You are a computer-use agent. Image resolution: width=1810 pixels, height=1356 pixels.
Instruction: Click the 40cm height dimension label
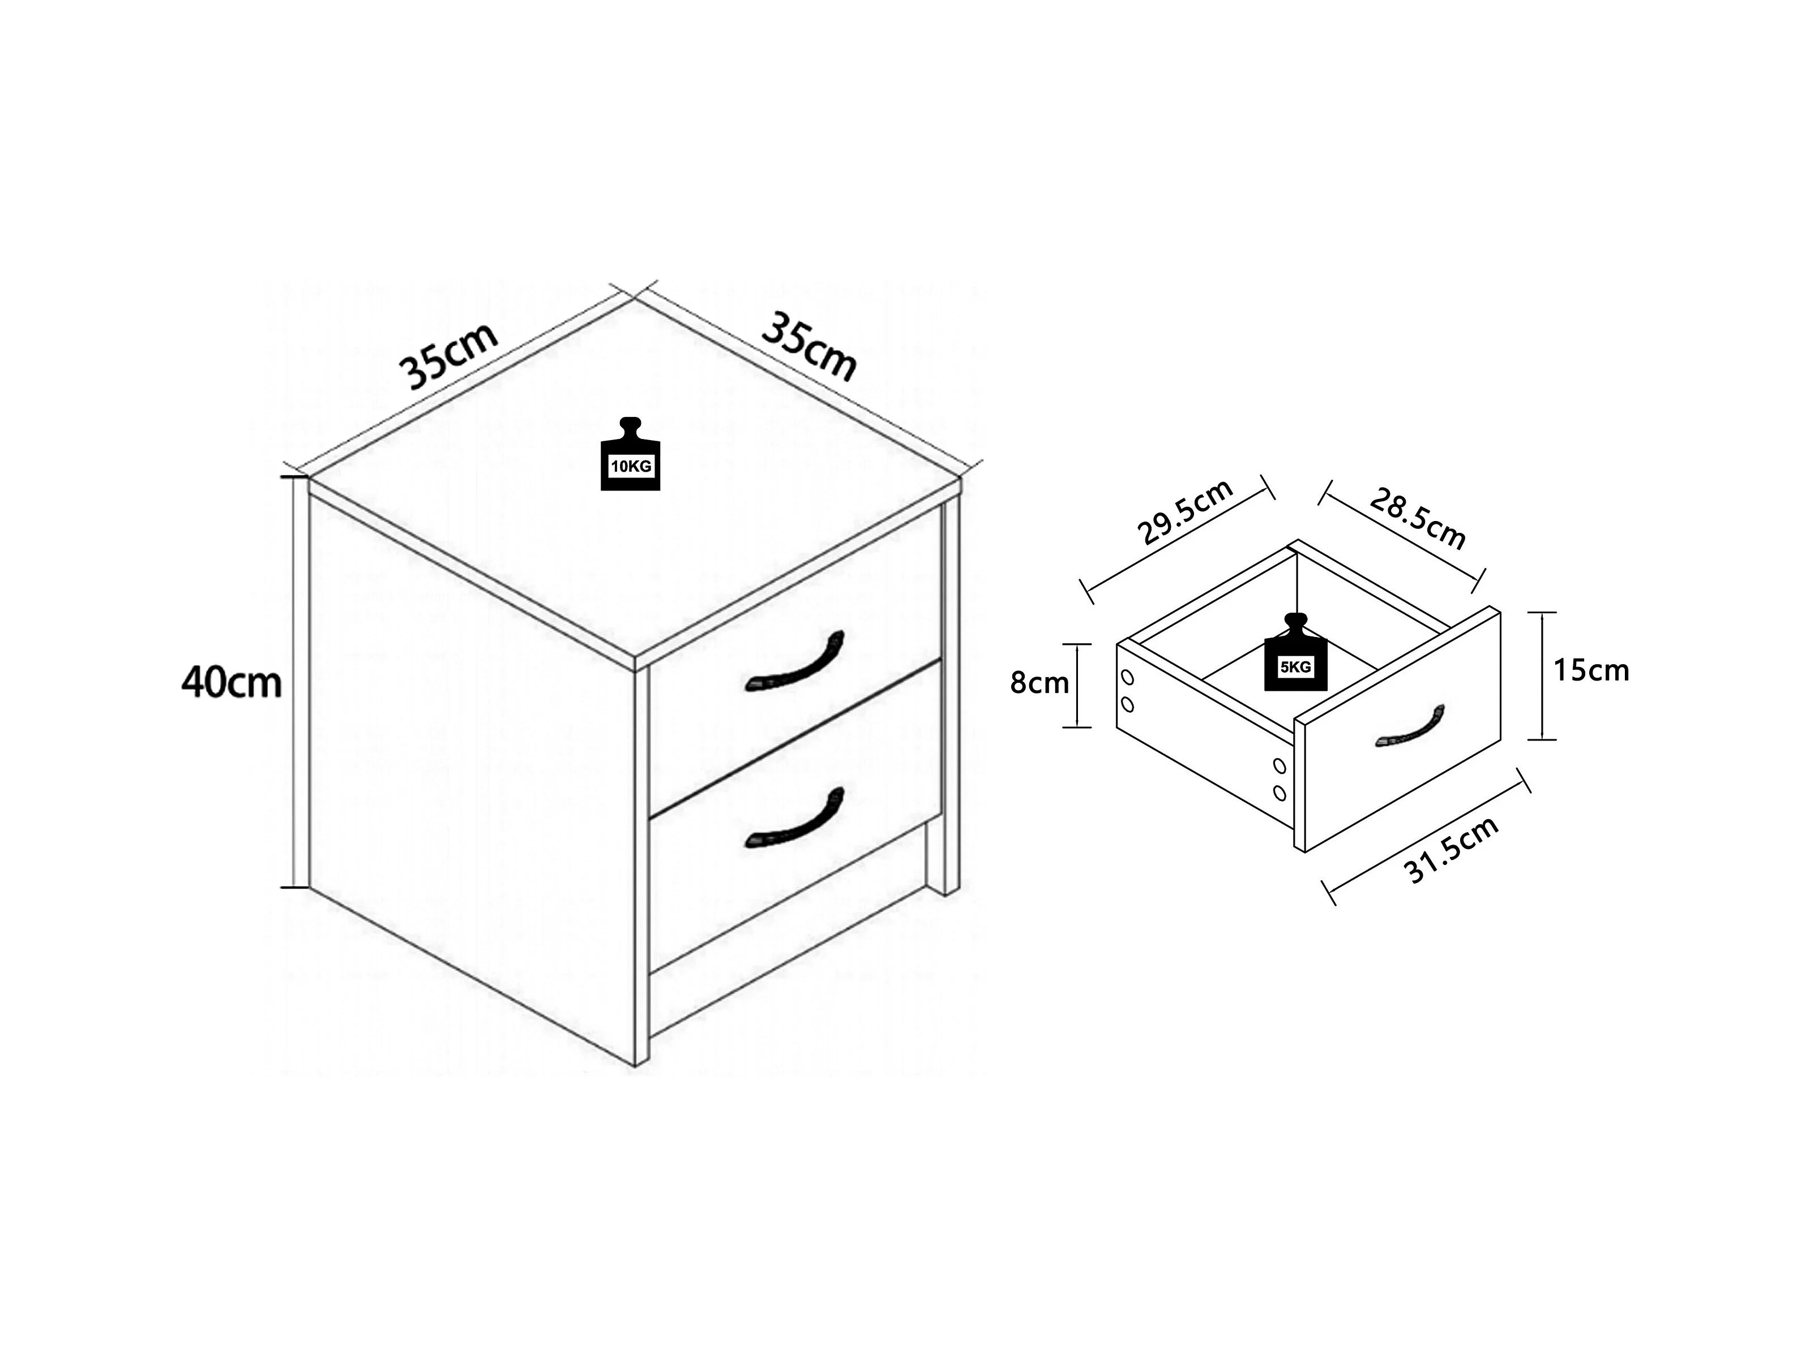tap(232, 682)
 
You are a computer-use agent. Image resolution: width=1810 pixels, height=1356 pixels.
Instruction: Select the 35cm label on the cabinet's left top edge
tap(448, 356)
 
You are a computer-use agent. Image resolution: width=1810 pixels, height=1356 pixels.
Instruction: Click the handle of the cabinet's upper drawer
tap(794, 662)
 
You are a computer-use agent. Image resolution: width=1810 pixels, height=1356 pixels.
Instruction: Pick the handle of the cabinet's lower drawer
tap(794, 819)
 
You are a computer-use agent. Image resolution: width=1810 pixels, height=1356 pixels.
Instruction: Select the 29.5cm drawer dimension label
tap(1185, 513)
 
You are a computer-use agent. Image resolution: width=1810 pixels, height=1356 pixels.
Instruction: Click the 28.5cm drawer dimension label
tap(1417, 519)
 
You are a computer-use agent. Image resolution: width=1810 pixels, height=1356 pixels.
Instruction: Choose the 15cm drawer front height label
tap(1591, 670)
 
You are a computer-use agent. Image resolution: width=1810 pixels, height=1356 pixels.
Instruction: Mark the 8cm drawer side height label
tap(1039, 682)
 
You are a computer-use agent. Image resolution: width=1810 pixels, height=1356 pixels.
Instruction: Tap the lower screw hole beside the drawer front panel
tap(1280, 793)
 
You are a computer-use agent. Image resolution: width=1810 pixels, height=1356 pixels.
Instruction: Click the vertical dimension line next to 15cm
tap(1542, 675)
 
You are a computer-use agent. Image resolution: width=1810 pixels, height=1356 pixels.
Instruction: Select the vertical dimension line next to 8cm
tap(1077, 686)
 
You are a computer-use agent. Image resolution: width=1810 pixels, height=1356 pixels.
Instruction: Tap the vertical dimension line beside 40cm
tap(293, 682)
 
